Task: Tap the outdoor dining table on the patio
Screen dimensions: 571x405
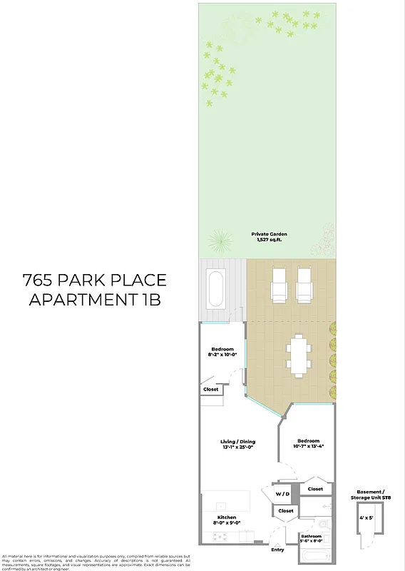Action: pos(298,355)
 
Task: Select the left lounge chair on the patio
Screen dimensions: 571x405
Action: pos(279,284)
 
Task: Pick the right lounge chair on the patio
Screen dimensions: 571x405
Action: pos(304,284)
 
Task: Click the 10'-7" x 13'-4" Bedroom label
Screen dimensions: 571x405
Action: pos(309,445)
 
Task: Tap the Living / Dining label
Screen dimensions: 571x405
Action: pos(237,445)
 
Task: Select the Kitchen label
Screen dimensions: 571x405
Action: pos(227,519)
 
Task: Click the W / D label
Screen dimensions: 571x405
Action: pos(283,494)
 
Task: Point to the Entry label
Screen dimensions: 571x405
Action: pos(278,550)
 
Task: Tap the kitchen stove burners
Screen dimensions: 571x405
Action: pos(219,537)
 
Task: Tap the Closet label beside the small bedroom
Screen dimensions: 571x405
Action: pos(211,390)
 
